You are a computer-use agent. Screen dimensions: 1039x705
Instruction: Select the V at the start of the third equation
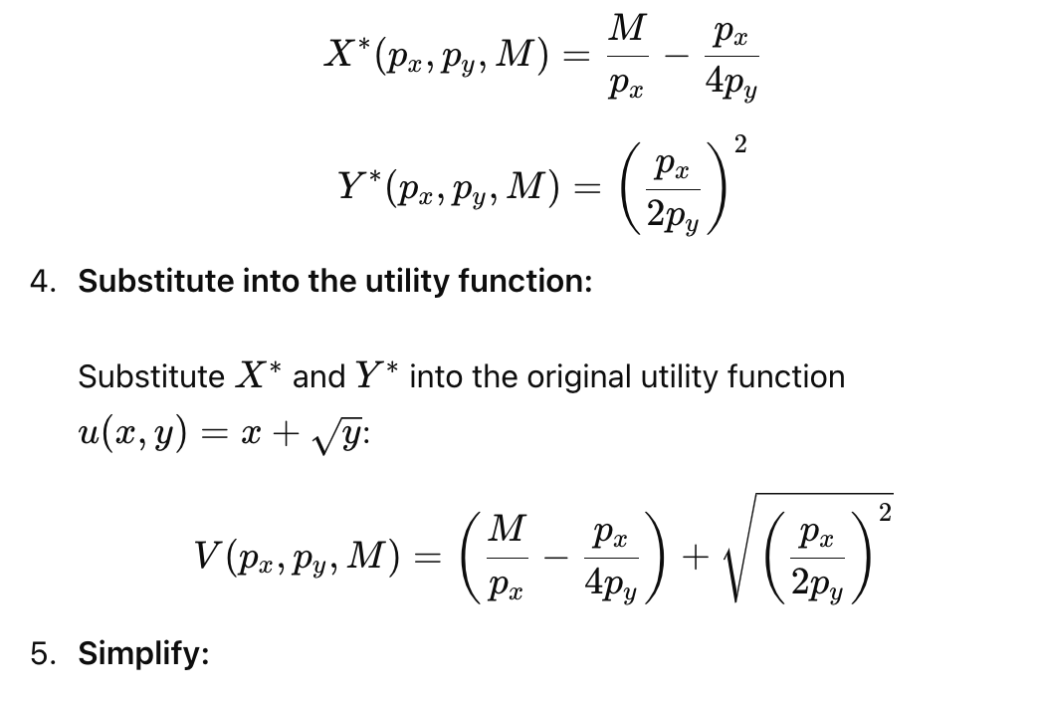(206, 555)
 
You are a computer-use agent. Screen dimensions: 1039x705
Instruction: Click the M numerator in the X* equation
(627, 28)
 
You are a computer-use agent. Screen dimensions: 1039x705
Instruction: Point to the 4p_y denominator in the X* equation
(731, 85)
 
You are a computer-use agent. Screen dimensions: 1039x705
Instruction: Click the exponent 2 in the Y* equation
(740, 144)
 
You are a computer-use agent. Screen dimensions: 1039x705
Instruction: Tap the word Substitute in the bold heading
(156, 281)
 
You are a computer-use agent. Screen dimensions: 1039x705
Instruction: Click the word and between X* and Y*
(318, 376)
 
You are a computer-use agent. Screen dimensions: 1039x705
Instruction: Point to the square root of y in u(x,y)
(337, 438)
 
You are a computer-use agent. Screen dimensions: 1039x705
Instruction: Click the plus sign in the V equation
(695, 558)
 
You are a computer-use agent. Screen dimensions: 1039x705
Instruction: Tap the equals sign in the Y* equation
(586, 189)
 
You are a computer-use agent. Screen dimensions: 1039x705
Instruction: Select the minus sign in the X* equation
(677, 57)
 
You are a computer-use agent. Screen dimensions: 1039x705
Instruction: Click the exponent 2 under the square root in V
(885, 513)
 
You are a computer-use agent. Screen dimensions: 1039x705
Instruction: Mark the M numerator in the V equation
(507, 529)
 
